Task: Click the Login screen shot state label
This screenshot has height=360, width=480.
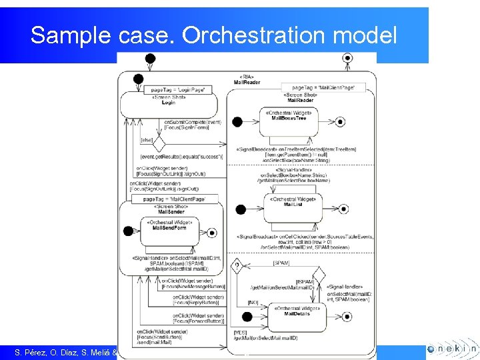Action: pos(168,102)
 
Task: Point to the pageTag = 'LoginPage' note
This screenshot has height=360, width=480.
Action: pos(179,89)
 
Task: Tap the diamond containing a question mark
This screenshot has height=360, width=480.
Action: pos(236,267)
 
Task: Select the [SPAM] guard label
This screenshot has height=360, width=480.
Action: pos(281,263)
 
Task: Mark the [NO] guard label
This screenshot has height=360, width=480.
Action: pos(253,301)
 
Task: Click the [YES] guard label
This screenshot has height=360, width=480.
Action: pos(241,331)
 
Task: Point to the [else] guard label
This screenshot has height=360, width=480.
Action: pos(147,140)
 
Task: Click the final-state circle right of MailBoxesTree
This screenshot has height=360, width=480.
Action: pos(341,121)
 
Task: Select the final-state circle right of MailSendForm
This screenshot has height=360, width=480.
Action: pos(212,232)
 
